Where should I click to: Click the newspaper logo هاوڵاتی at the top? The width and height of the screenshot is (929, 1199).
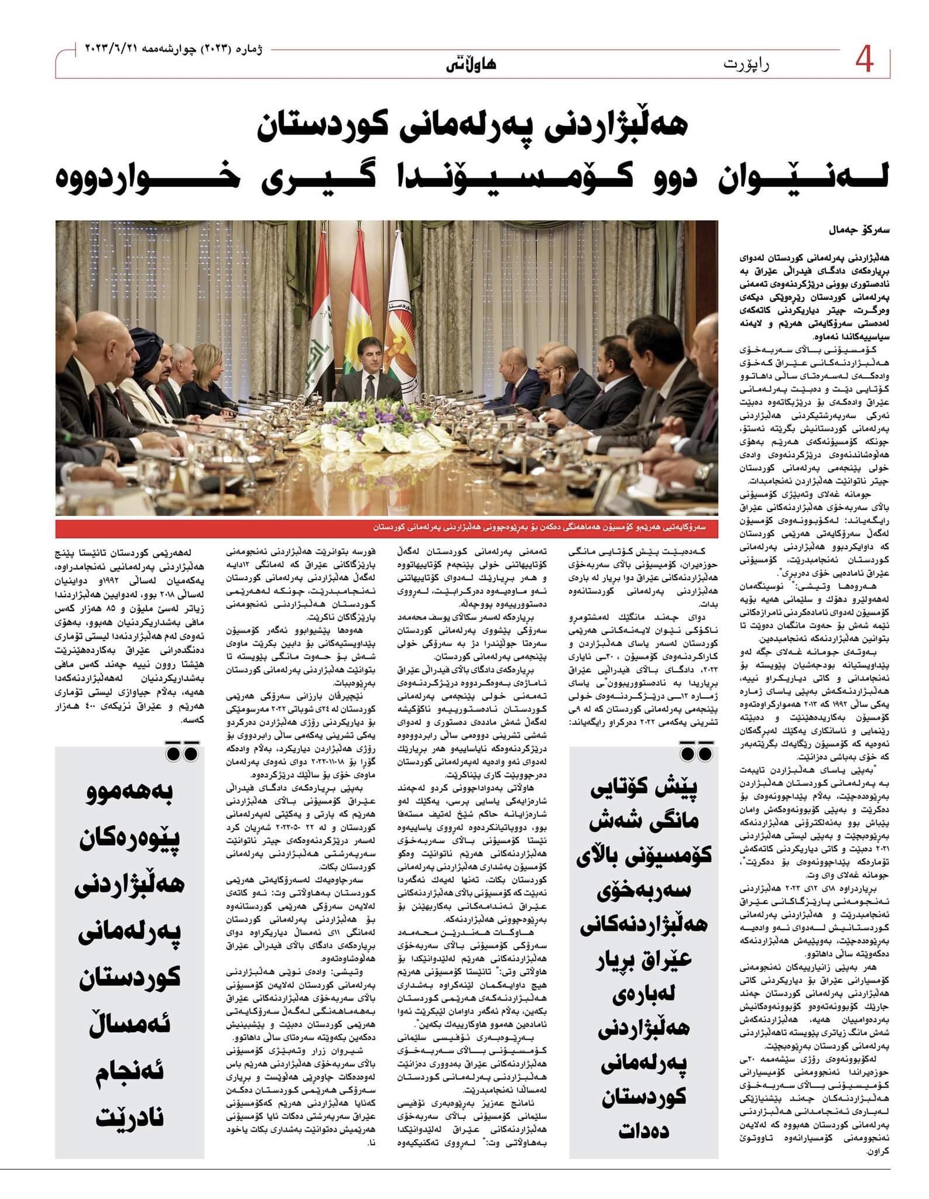point(472,63)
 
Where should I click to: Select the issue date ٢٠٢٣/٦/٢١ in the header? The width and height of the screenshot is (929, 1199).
point(115,47)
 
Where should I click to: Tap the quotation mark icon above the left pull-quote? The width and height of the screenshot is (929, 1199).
point(181,751)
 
